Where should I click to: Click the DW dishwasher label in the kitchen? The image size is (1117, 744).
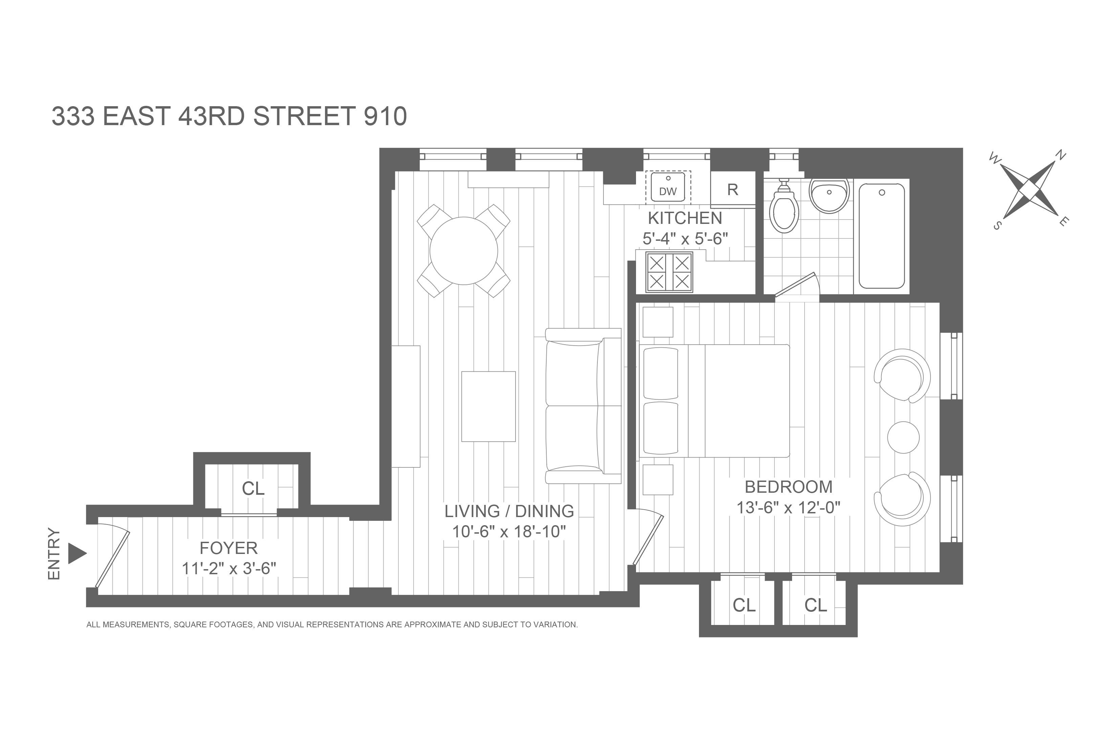[668, 192]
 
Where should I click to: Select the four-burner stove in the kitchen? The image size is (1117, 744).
[669, 272]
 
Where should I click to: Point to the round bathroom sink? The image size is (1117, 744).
[829, 195]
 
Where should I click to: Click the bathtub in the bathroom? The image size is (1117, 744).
[882, 236]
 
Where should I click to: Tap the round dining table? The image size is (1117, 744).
[463, 251]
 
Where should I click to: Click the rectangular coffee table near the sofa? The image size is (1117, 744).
[488, 406]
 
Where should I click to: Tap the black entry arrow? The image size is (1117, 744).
[77, 553]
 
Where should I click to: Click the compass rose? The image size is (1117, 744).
[1030, 190]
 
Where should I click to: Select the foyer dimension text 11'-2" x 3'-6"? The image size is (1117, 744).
[229, 568]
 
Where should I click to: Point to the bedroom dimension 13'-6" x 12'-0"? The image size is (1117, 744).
[788, 508]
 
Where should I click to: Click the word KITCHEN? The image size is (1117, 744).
[685, 218]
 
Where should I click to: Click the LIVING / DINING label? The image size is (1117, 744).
[509, 511]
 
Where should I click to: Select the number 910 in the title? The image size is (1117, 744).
[385, 116]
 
